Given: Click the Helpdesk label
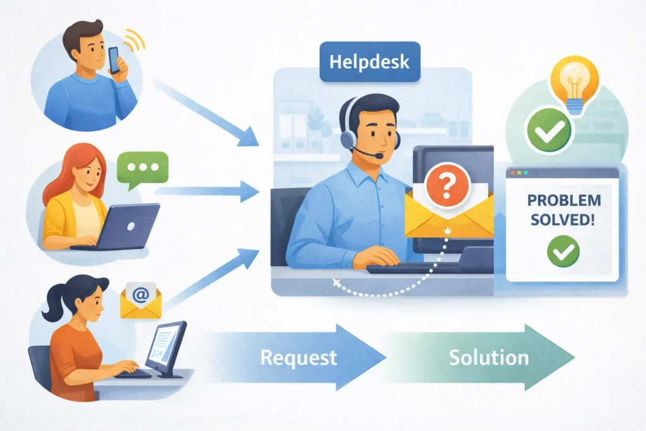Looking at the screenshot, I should (360, 62).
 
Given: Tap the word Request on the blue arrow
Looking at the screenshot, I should (298, 358).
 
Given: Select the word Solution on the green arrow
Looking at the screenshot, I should (488, 358).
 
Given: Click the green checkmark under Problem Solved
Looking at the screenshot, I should (563, 251).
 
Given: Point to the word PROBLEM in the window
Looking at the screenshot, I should (563, 201).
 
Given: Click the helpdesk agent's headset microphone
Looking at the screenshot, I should (377, 154).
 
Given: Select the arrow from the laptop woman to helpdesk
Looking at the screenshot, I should (208, 189).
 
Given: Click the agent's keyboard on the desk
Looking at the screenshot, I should (404, 268).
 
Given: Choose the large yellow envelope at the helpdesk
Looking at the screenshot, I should (448, 218).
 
